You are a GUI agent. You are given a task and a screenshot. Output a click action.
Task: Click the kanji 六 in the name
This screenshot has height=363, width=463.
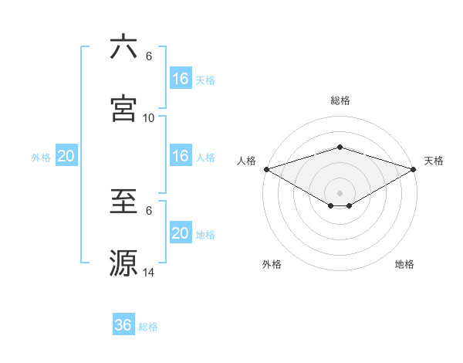pos(123,47)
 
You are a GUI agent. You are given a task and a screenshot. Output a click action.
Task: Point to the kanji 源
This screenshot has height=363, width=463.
pos(123,263)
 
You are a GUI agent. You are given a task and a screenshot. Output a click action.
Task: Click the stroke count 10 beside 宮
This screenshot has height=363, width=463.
pos(149,117)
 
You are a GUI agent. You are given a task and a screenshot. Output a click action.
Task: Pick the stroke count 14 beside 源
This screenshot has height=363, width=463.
pos(149,272)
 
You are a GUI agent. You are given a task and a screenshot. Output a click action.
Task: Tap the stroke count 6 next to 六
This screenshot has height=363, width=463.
pos(149,56)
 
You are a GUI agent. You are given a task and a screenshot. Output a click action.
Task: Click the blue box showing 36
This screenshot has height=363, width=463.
pos(123,325)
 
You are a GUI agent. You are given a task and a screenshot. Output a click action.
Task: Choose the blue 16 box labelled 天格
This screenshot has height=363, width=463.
pos(181,79)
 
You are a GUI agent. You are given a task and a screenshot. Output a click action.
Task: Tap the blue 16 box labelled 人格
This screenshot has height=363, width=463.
pos(181,156)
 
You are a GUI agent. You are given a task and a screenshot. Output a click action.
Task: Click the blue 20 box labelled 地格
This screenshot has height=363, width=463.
pos(181,233)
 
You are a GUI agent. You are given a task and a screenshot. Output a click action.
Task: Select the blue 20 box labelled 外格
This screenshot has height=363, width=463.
pos(66,156)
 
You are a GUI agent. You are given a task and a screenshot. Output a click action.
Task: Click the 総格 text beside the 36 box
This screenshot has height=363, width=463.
pos(148,327)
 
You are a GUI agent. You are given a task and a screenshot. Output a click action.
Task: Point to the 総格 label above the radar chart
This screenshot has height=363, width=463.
pos(340,100)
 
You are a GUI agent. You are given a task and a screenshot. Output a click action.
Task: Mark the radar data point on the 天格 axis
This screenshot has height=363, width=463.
pos(414,169)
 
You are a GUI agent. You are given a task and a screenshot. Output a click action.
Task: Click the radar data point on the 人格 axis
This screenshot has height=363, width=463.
pos(265,169)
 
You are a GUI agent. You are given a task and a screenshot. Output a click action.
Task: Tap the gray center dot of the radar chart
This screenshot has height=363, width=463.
pos(340,192)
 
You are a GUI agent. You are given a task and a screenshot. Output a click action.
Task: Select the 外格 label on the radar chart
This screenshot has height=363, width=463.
pos(272,265)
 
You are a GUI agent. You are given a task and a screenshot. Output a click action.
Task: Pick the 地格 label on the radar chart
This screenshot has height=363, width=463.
pos(404,265)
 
